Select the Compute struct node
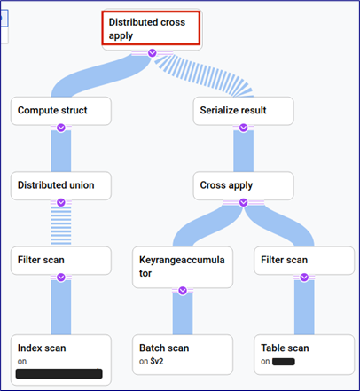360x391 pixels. pyautogui.click(x=60, y=110)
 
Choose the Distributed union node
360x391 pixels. pyautogui.click(x=60, y=185)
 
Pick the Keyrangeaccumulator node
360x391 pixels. pyautogui.click(x=182, y=267)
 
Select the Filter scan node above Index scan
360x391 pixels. pyautogui.click(x=60, y=261)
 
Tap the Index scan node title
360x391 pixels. pyautogui.click(x=42, y=348)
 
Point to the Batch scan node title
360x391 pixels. pyautogui.click(x=165, y=348)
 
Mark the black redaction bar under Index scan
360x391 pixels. pyautogui.click(x=59, y=372)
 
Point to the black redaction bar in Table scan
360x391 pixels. pyautogui.click(x=284, y=362)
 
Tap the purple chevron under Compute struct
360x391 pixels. pyautogui.click(x=60, y=129)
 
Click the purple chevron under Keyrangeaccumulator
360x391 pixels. pyautogui.click(x=182, y=290)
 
